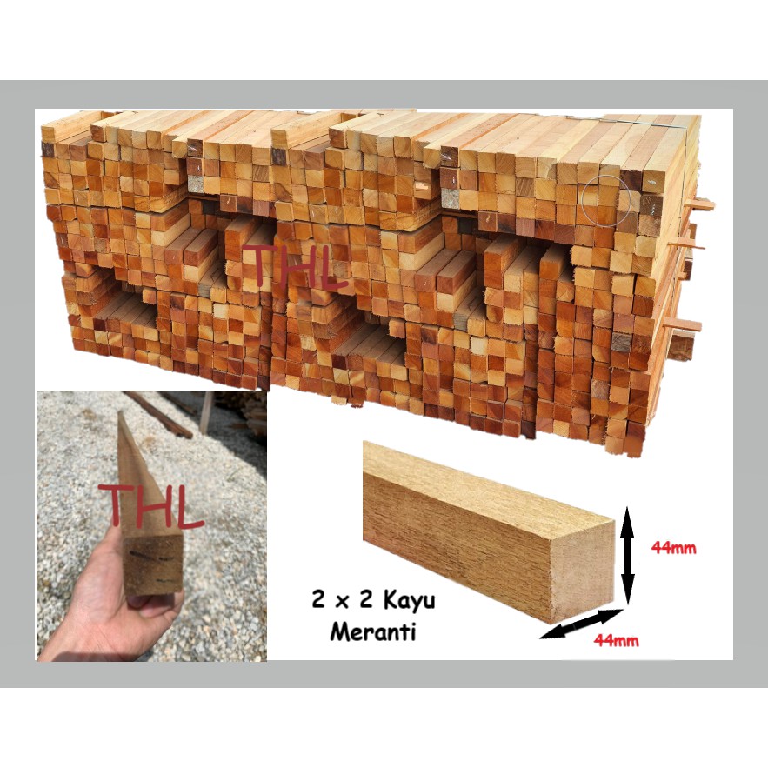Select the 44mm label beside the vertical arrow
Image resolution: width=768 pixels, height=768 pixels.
[673, 548]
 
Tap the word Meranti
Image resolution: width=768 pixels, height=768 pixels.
[372, 632]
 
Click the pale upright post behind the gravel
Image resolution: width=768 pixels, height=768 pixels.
[206, 411]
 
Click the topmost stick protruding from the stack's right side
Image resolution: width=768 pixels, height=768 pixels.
[699, 205]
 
